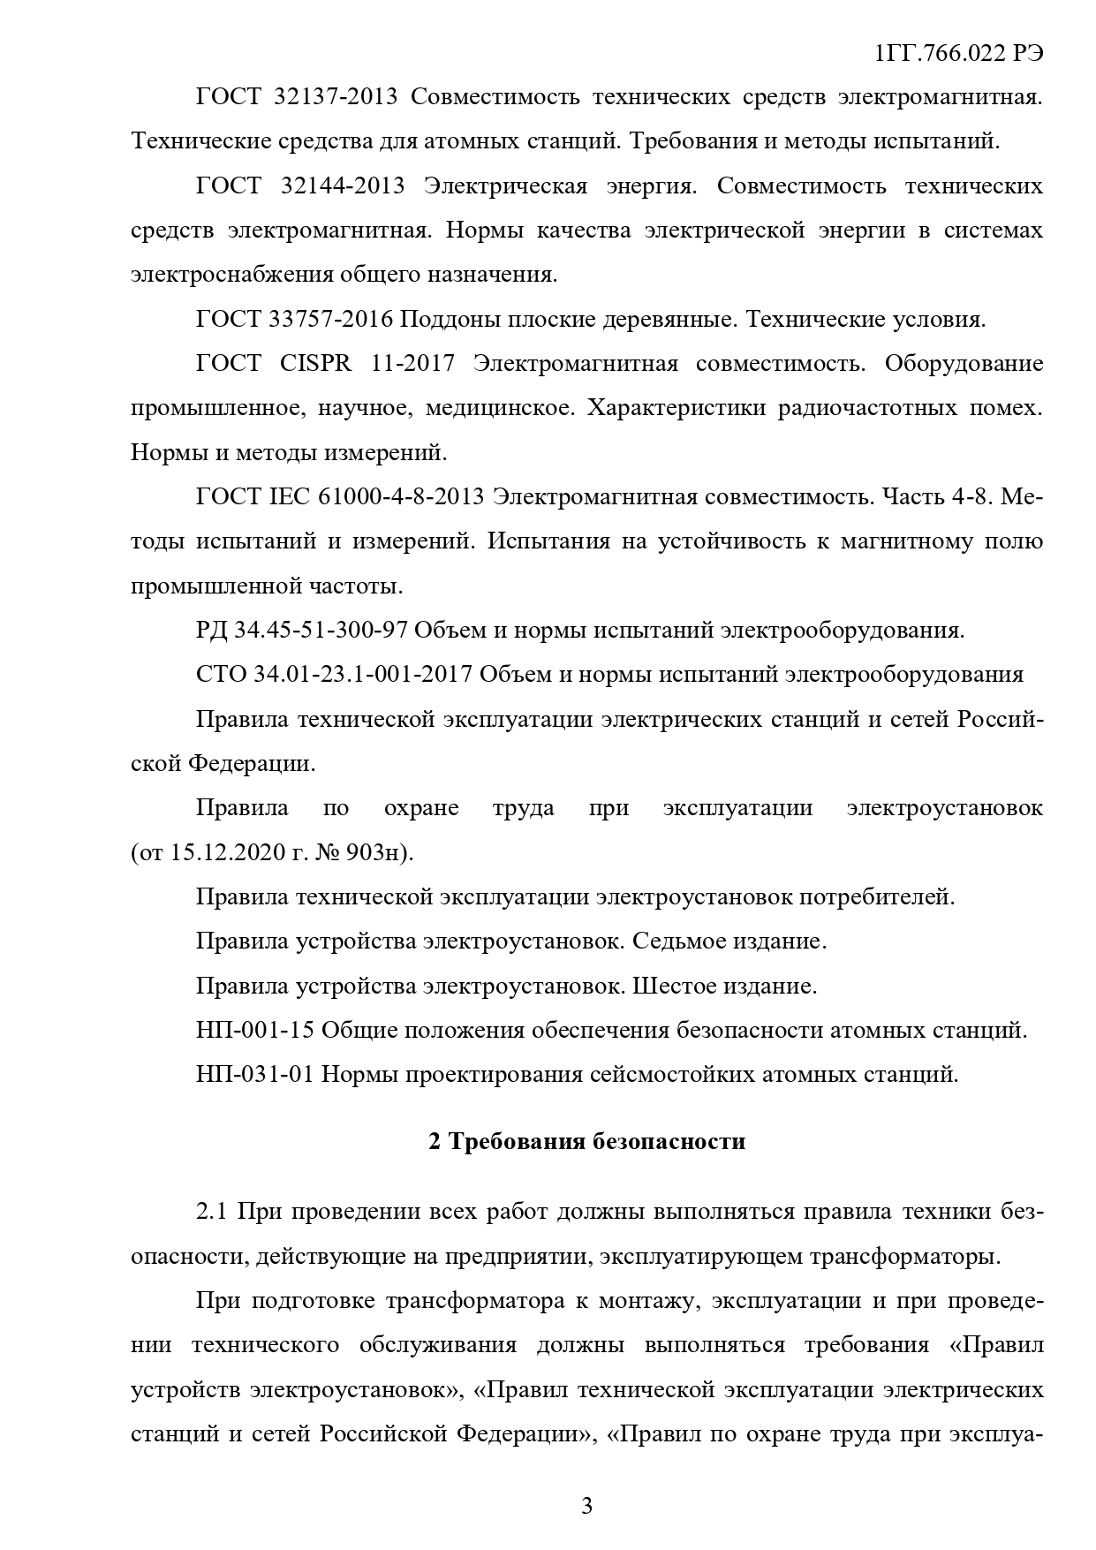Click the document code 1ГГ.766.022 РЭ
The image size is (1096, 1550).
coord(959,54)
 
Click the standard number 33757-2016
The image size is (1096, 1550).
coord(330,320)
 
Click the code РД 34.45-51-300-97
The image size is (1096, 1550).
coord(301,631)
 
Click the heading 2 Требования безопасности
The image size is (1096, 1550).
coord(586,1142)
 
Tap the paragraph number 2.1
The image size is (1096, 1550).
coord(213,1212)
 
